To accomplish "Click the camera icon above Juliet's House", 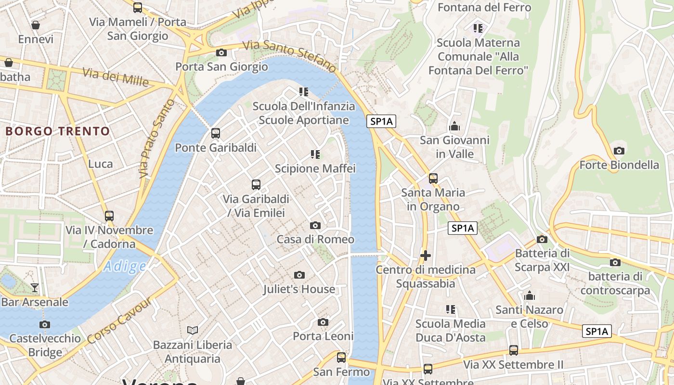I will (299, 275).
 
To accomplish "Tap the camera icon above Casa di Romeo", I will (315, 225).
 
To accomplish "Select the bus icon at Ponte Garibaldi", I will (216, 133).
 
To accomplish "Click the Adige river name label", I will (125, 266).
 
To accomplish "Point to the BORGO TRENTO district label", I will (58, 131).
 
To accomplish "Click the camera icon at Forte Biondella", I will (619, 151).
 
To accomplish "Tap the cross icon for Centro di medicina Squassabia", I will (425, 255).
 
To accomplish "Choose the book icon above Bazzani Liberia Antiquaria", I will (193, 330).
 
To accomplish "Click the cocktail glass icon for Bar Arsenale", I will (35, 288).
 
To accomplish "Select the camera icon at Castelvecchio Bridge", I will (45, 324).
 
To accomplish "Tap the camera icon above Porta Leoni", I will (323, 322).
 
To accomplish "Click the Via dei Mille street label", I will (116, 77).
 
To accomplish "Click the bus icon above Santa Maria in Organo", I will (433, 179).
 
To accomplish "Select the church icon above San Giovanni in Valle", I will (454, 126).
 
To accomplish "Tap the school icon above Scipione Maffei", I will (315, 154).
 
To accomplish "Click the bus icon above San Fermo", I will (341, 358).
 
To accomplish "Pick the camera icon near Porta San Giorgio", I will (221, 52).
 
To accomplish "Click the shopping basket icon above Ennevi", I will (36, 25).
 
